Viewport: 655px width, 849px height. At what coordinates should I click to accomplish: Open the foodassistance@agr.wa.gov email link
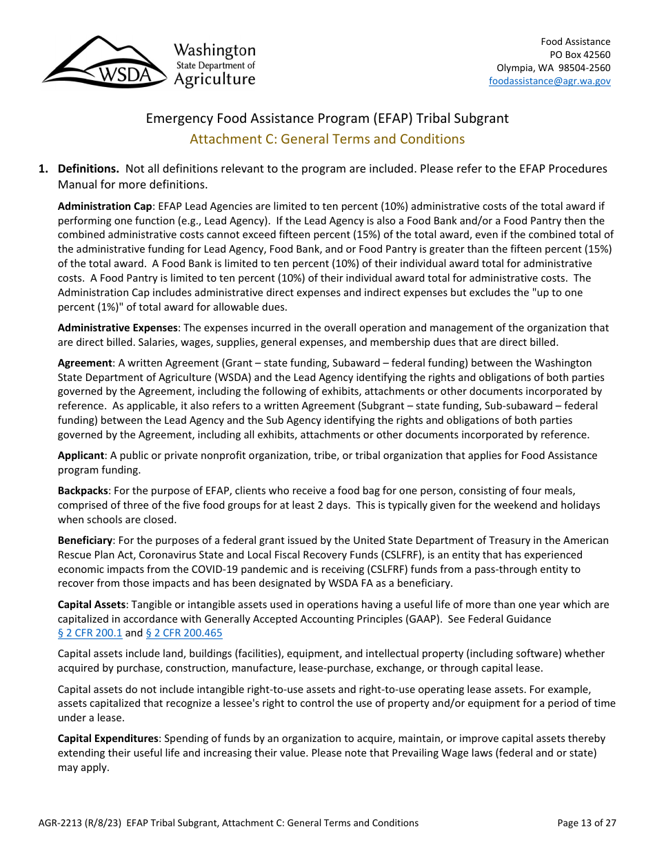coord(550,81)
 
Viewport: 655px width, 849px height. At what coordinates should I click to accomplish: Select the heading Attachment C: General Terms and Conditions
coord(327,139)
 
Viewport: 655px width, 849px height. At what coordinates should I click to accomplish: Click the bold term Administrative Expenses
coord(118,328)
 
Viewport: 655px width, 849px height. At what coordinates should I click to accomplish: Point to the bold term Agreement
coord(85,363)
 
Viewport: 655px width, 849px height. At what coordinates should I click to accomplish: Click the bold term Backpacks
coord(83,490)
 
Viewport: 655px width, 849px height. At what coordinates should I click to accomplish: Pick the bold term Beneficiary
coord(85,540)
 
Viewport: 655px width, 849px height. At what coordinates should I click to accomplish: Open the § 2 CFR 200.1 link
coord(90,633)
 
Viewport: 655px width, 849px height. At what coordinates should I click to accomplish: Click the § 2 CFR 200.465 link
coord(184,633)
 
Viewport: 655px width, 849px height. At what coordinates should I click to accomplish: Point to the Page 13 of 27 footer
coord(587,823)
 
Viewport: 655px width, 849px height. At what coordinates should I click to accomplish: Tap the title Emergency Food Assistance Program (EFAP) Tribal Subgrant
coord(327,118)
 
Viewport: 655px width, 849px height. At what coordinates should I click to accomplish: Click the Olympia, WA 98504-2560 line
coord(553,68)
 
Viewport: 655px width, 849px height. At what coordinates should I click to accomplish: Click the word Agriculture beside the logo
coord(214,79)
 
